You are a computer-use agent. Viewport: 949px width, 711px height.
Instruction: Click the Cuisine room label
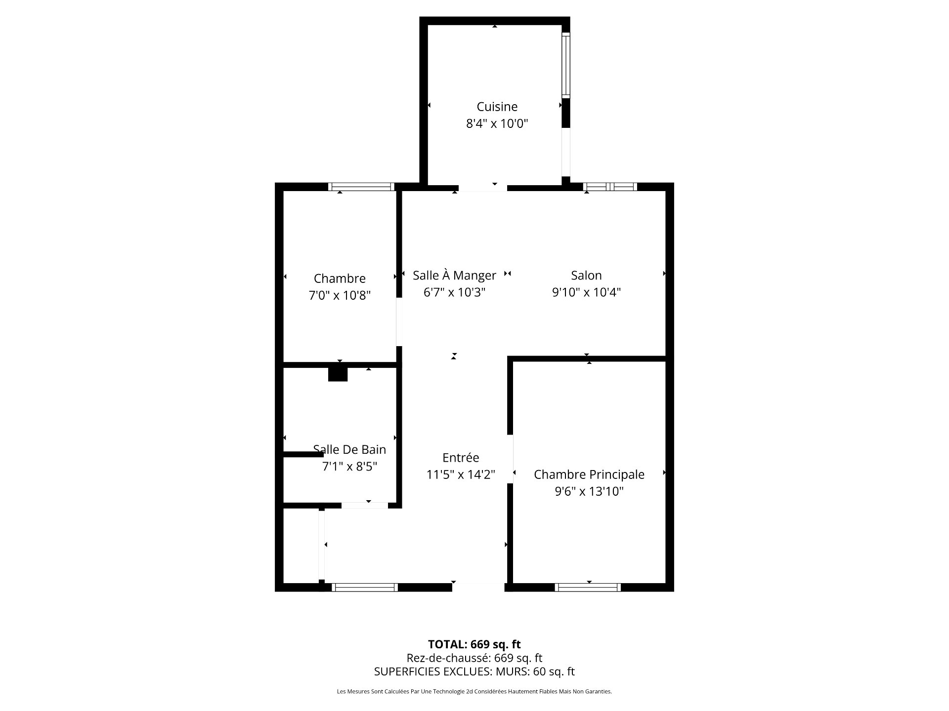[x=497, y=107]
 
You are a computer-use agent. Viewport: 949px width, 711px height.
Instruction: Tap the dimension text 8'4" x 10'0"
[x=497, y=123]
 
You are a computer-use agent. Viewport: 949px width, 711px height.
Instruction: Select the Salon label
[x=586, y=276]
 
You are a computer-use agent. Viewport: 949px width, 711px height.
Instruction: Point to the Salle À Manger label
[x=454, y=276]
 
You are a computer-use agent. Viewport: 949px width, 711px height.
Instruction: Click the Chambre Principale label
[x=589, y=474]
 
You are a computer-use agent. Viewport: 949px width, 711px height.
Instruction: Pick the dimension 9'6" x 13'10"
[x=589, y=491]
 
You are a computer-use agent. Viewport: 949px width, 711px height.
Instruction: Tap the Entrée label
[x=461, y=458]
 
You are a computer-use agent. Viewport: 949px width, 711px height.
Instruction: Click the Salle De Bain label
[x=349, y=449]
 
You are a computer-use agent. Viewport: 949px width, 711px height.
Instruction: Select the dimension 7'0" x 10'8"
[x=340, y=295]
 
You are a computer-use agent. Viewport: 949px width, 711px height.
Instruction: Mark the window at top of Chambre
[x=361, y=187]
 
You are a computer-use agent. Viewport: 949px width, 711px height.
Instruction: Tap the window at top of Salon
[x=610, y=187]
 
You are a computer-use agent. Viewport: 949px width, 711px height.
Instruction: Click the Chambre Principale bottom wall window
[x=588, y=587]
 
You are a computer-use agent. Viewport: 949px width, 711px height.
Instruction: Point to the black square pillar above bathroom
[x=338, y=374]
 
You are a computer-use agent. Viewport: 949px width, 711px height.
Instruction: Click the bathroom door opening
[x=365, y=505]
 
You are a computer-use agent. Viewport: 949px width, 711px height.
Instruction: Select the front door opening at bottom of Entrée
[x=478, y=587]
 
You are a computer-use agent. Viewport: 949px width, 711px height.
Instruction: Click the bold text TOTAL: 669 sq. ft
[x=474, y=644]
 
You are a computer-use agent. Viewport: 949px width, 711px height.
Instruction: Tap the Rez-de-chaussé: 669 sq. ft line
[x=474, y=658]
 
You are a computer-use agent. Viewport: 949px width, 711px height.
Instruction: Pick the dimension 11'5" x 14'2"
[x=461, y=475]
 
